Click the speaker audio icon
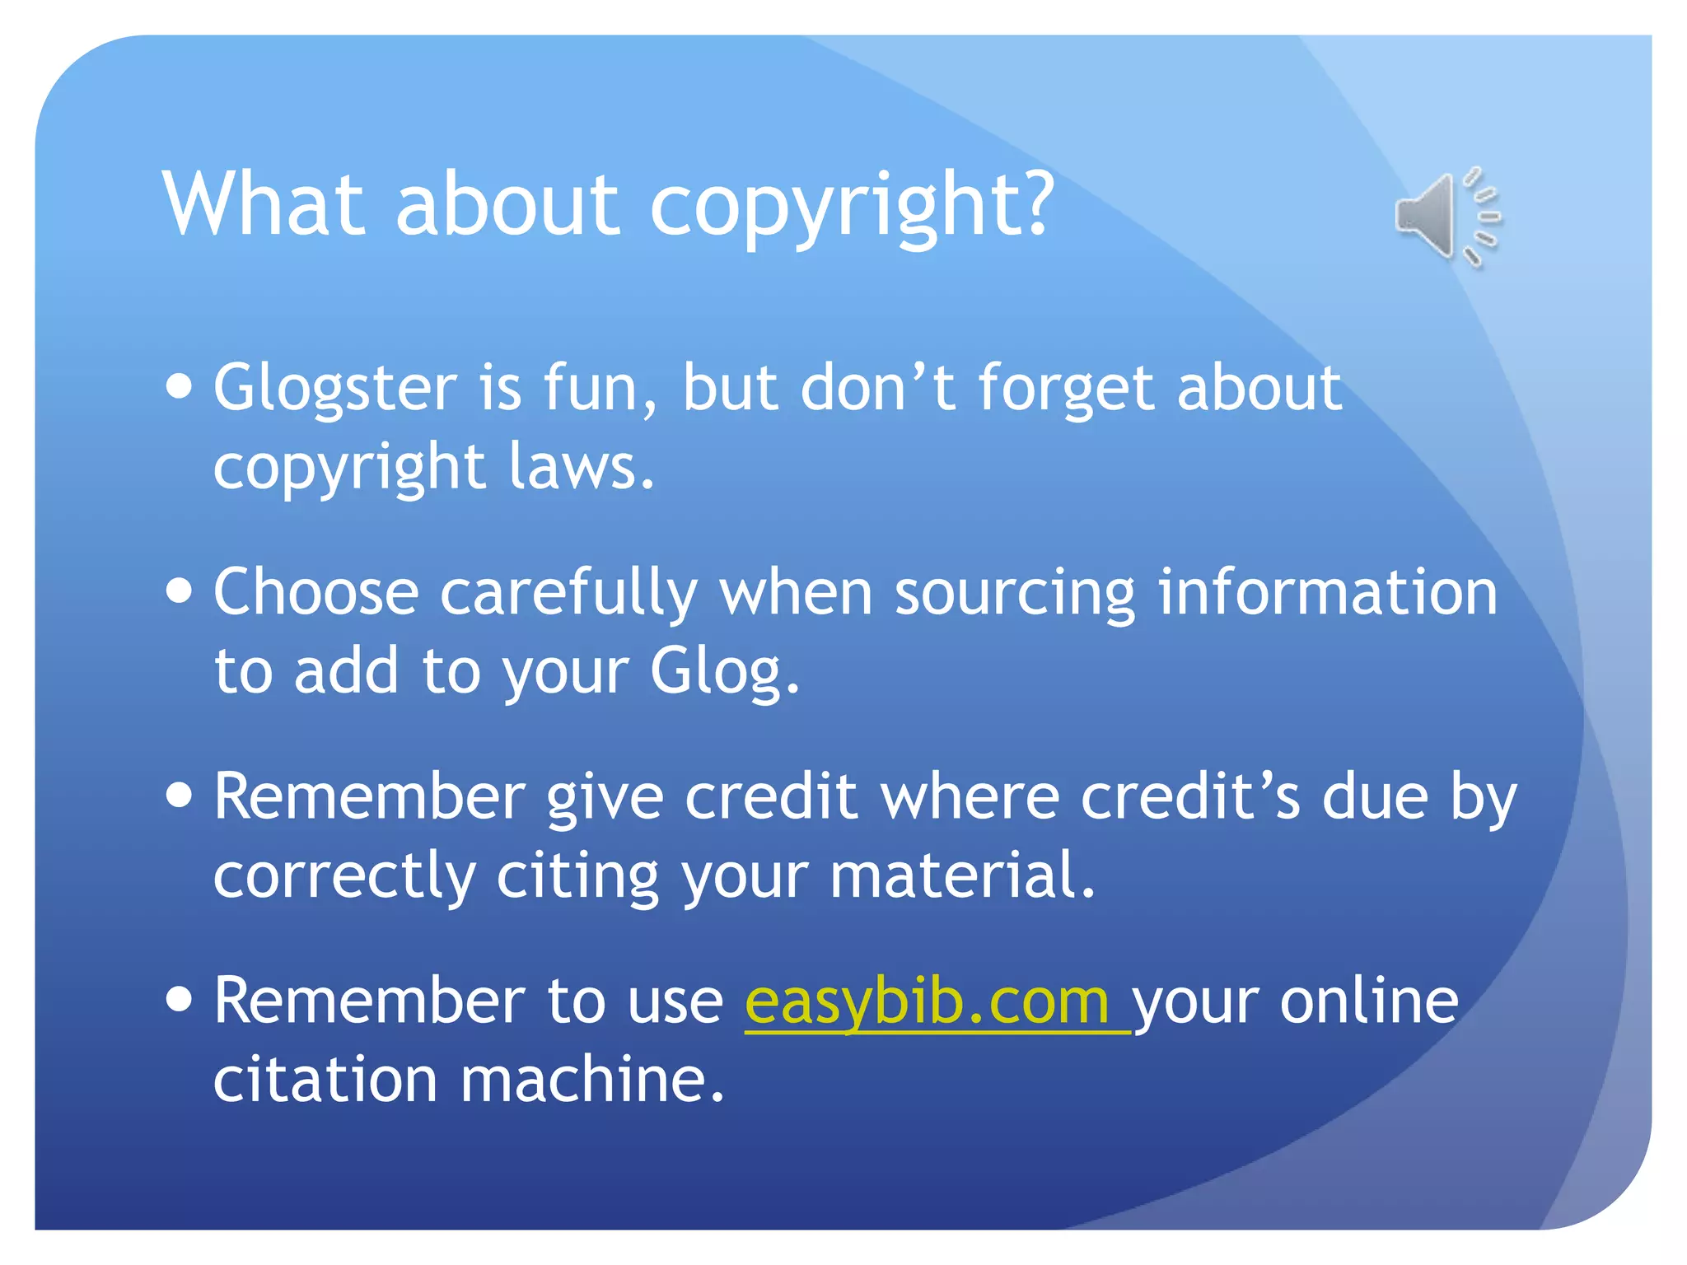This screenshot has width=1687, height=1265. tap(1446, 217)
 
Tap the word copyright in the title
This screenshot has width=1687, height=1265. tap(853, 206)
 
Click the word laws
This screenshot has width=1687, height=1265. tap(581, 466)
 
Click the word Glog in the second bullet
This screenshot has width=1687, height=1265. tap(724, 672)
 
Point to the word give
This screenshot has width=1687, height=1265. tap(605, 797)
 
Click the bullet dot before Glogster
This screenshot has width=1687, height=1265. tap(179, 386)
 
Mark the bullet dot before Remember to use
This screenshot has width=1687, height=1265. tap(179, 999)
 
